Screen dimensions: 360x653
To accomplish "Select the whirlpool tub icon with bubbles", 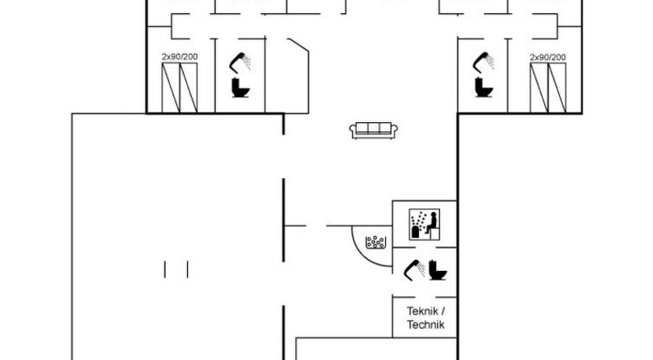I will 377,241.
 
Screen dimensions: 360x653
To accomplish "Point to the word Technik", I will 425,324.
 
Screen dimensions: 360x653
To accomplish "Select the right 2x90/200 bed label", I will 547,57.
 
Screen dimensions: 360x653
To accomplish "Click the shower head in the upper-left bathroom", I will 237,61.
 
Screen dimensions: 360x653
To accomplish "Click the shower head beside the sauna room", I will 413,270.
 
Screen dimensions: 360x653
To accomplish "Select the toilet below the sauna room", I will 438,271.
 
